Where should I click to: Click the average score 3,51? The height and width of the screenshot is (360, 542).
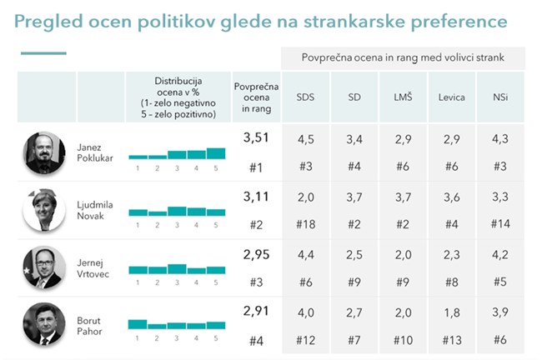pyautogui.click(x=256, y=139)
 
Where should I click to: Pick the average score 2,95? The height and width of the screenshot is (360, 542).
pyautogui.click(x=256, y=253)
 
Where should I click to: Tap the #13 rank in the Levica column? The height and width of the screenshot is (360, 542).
pyautogui.click(x=451, y=339)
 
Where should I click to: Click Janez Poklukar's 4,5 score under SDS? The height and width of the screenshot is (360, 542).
pyautogui.click(x=305, y=140)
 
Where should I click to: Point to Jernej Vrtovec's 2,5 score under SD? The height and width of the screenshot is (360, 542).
pyautogui.click(x=354, y=254)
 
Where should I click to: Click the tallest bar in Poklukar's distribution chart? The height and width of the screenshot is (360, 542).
pyautogui.click(x=215, y=152)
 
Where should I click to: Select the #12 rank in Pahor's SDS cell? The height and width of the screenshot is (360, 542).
pyautogui.click(x=305, y=339)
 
